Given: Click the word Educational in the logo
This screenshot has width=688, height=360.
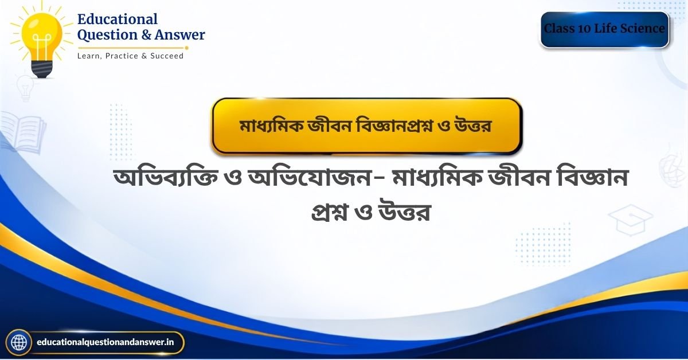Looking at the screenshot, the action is tap(118, 19).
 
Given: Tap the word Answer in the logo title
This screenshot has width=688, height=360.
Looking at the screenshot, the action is tap(179, 35).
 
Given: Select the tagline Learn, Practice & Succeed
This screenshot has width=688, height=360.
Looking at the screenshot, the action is tap(131, 56).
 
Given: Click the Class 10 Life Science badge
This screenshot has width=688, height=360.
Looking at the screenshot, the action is tap(604, 29).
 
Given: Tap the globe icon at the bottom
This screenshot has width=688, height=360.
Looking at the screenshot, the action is tap(19, 342).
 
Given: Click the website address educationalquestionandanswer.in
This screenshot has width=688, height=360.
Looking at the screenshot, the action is tap(105, 342).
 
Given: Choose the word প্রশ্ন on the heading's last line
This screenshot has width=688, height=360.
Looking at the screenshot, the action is tap(329, 212).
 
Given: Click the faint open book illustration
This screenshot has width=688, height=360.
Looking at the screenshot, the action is tap(24, 132).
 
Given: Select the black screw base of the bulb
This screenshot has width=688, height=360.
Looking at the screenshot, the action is tap(42, 69).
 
